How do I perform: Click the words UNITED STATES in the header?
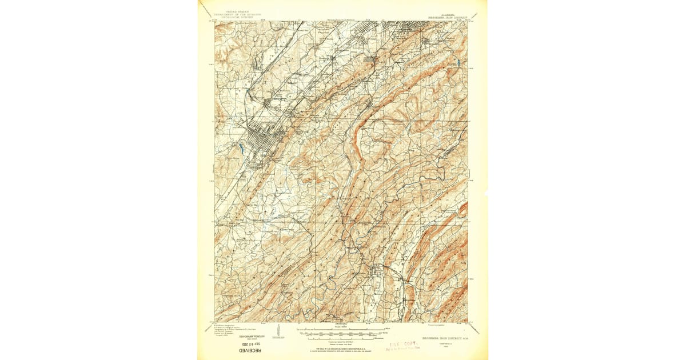(x=234, y=11)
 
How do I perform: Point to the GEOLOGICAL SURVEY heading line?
(x=234, y=18)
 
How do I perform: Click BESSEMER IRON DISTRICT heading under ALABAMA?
(x=448, y=18)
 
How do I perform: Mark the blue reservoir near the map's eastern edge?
(x=457, y=61)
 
